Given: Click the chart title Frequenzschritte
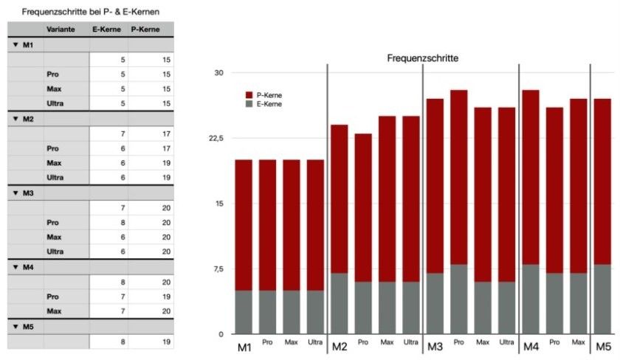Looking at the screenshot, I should [423, 58].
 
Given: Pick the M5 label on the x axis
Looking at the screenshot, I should [603, 346].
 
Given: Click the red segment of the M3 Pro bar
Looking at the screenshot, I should [459, 177].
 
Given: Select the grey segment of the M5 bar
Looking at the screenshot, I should [602, 299].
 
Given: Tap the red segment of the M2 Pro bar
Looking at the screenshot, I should [363, 207].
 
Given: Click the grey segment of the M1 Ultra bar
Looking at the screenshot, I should [316, 312].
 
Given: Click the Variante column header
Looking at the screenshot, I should [59, 30].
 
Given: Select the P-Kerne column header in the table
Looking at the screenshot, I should [145, 30].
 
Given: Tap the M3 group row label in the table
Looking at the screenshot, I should [28, 193].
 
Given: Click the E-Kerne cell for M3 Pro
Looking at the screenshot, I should [108, 223].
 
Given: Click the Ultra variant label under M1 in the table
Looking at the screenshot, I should [55, 103].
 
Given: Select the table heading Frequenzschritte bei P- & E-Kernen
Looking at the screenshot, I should [91, 12].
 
